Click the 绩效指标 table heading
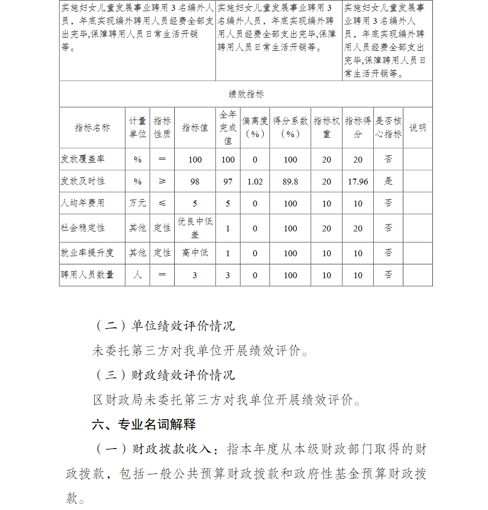246,94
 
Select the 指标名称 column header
92,127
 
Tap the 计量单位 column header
138,127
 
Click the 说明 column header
417,127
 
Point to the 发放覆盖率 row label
82,160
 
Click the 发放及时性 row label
82,181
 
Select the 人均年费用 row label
82,203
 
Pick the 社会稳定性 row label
82,228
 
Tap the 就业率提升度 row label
87,253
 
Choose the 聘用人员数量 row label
87,275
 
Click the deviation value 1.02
255,182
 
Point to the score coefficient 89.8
290,182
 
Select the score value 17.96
358,182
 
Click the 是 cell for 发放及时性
388,181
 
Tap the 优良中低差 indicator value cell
195,228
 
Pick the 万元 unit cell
138,203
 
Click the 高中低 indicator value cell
195,253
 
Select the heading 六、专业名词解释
144,424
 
